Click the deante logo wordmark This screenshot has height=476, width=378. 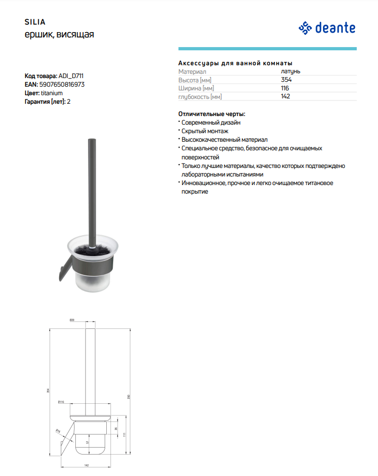pos(335,27)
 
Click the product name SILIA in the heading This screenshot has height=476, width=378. pos(35,22)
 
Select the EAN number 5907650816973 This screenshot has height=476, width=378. pos(62,85)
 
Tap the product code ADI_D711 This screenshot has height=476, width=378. pos(72,76)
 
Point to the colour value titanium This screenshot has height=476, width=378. pos(52,93)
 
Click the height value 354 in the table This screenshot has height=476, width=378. pos(286,80)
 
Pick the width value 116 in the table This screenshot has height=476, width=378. pos(285,88)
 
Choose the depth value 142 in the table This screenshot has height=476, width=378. pos(286,97)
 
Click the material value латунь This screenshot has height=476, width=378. pos(290,71)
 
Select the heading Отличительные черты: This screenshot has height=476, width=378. pos(211,114)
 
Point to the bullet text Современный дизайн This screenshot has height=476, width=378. pos(211,122)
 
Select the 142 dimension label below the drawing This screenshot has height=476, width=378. pos(86,465)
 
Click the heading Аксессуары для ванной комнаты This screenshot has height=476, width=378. pos(235,63)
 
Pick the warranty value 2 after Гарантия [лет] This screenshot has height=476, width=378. pos(69,102)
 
